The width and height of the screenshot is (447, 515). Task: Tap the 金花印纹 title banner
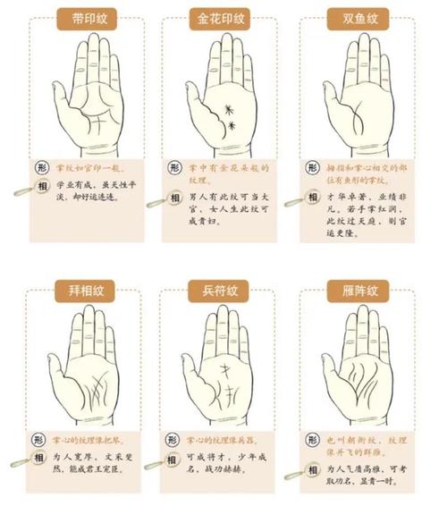(219, 18)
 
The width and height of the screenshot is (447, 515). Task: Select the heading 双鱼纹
(355, 18)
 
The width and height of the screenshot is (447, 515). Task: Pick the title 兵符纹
(219, 289)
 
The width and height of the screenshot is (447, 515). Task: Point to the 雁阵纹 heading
(355, 289)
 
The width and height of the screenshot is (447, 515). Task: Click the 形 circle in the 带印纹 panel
(40, 167)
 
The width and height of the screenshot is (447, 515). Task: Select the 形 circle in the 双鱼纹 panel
(311, 168)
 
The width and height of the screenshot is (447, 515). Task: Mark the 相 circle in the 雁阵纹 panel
(311, 465)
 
